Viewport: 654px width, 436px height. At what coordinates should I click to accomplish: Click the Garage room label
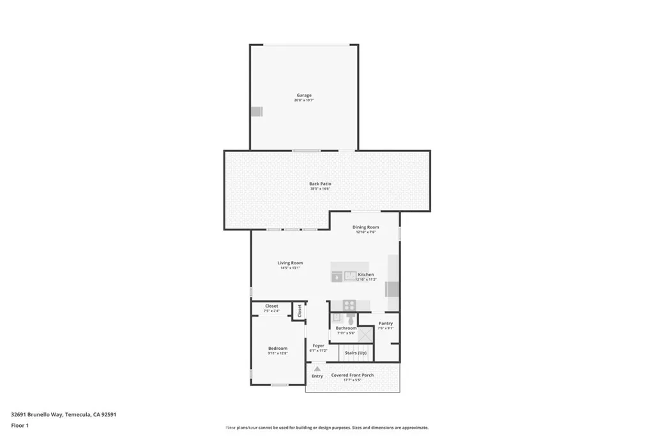(x=303, y=95)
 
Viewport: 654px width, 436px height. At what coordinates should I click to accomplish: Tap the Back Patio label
(x=320, y=184)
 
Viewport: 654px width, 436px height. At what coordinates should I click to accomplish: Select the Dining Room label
(x=365, y=227)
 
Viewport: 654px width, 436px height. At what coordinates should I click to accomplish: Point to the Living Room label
(x=290, y=262)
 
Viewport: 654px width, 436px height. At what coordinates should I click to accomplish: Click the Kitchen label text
(x=366, y=274)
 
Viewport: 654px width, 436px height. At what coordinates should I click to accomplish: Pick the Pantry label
(x=385, y=323)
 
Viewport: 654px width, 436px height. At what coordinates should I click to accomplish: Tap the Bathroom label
(x=346, y=328)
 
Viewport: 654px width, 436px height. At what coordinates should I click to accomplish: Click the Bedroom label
(x=278, y=348)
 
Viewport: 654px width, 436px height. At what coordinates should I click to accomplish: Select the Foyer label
(x=318, y=345)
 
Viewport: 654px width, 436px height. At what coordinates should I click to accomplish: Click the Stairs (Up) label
(x=356, y=352)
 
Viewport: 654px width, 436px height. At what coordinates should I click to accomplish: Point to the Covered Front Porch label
(x=352, y=375)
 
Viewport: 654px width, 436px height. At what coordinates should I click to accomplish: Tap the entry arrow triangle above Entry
(x=317, y=369)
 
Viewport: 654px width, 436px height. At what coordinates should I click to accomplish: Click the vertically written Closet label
(x=299, y=310)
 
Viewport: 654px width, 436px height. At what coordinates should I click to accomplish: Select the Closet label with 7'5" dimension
(x=271, y=306)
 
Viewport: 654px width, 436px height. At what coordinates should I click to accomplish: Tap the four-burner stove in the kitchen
(x=349, y=304)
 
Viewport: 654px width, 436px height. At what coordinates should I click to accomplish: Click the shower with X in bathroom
(x=365, y=335)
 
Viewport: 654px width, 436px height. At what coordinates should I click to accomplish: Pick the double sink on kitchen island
(x=350, y=275)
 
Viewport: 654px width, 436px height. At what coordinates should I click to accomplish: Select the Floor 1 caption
(x=20, y=425)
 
